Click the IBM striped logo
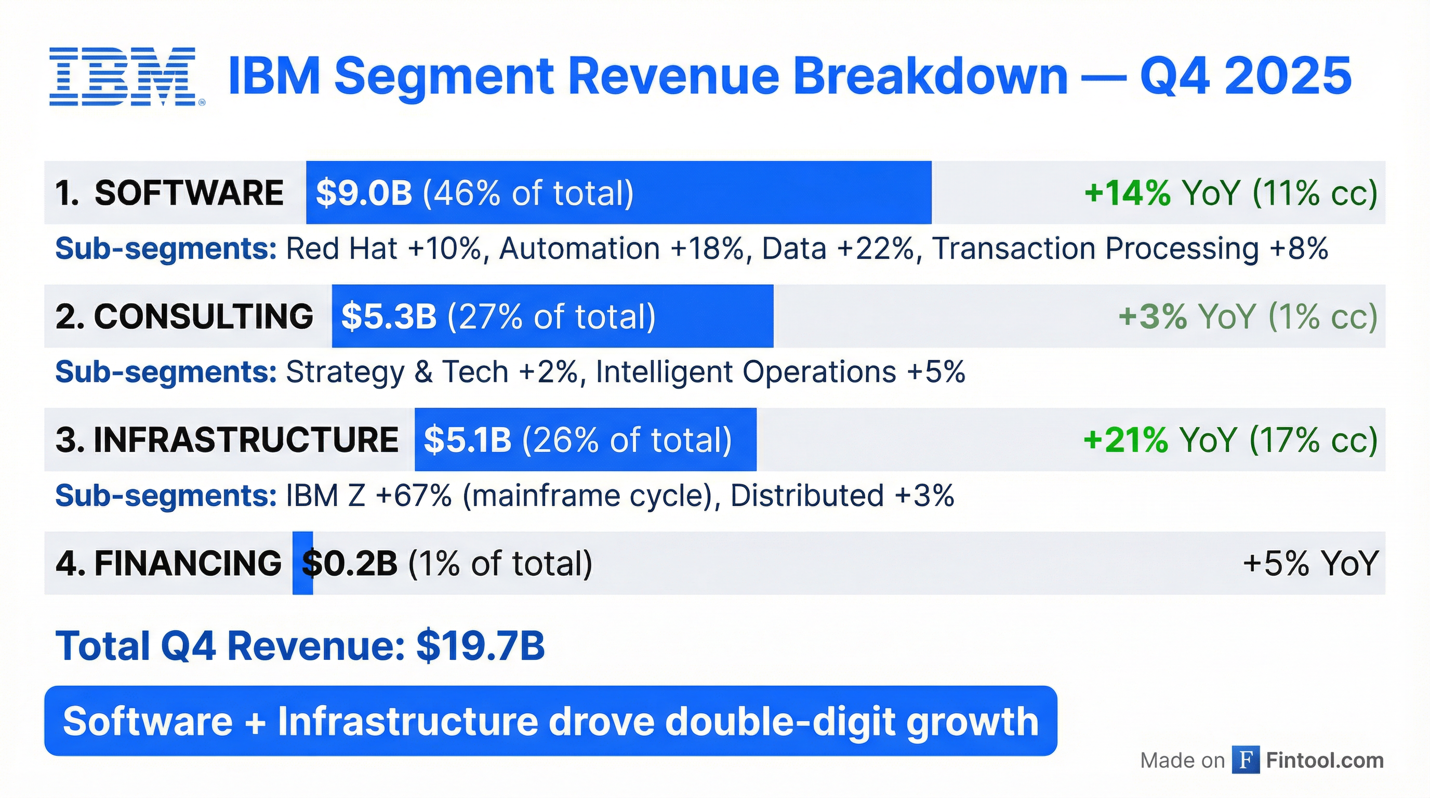tap(127, 76)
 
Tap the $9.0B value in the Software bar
tap(364, 193)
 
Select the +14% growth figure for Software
tap(1127, 193)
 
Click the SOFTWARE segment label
tap(189, 193)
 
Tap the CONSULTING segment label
tap(203, 316)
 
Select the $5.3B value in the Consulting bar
tap(389, 316)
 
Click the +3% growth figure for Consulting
tap(1152, 316)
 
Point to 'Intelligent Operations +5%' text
tap(780, 372)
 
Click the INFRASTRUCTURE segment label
tap(245, 440)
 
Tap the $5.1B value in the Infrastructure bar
tap(468, 440)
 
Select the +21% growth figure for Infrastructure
tap(1125, 440)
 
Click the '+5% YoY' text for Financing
tap(1310, 563)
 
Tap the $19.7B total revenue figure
tap(481, 646)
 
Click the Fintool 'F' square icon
tap(1245, 760)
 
